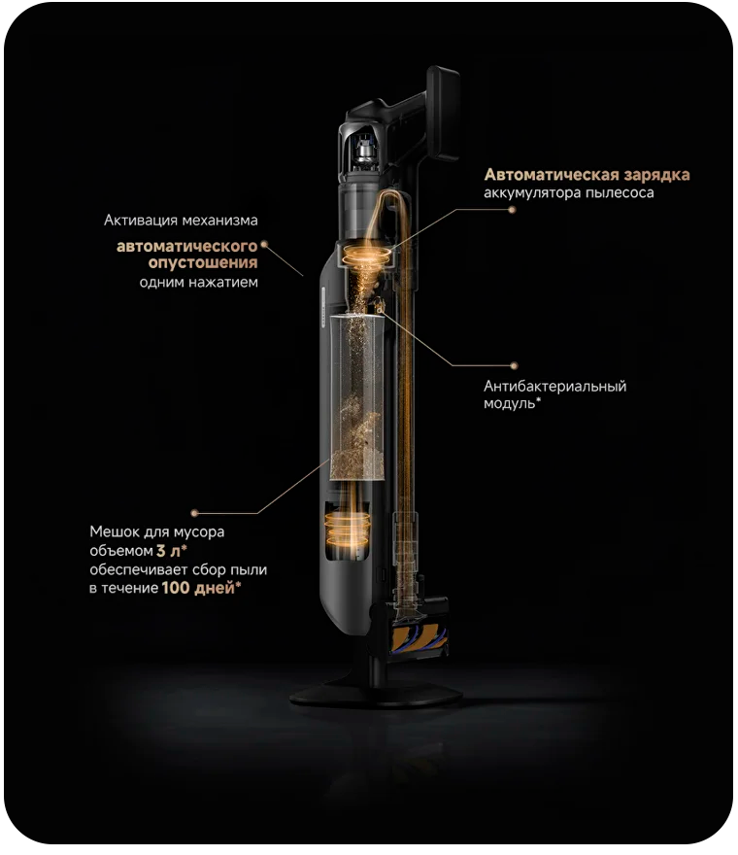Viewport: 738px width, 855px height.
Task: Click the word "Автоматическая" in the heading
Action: (552, 175)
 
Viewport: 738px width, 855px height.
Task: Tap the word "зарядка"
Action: (657, 176)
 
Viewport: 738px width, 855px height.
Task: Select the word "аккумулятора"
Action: (532, 193)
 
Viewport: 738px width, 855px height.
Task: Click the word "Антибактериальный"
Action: (554, 386)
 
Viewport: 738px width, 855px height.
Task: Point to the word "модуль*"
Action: (513, 403)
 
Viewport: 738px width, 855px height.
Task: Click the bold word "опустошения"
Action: (203, 263)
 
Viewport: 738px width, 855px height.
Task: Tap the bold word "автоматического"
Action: (187, 247)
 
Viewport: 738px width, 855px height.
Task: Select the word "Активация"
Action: (140, 221)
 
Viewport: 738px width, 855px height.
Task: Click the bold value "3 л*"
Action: (171, 551)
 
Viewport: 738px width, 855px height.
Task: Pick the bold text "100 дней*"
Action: (201, 588)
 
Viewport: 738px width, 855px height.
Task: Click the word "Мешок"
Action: (112, 531)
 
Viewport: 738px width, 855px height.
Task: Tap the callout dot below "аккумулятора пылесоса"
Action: (512, 210)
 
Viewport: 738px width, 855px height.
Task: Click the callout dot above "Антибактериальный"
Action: (514, 366)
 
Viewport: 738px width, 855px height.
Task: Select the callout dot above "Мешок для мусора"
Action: (194, 513)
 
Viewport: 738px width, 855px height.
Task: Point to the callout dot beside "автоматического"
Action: (264, 245)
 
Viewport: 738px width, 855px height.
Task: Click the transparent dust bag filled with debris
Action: (357, 397)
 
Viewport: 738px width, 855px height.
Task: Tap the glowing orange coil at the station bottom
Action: (348, 529)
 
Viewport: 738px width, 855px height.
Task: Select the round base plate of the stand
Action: (376, 694)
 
